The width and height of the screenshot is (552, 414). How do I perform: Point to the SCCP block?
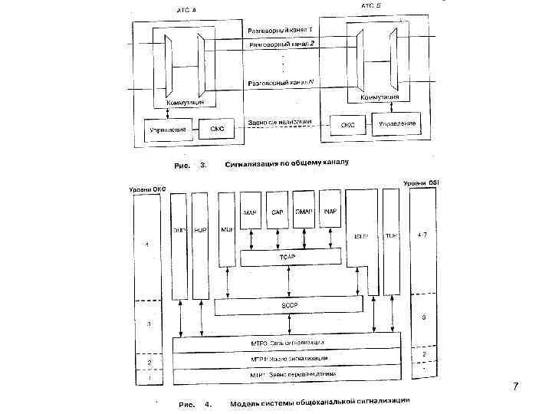click(287, 306)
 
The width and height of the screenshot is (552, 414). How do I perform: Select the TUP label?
click(390, 237)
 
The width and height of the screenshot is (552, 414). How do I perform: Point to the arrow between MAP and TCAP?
click(251, 239)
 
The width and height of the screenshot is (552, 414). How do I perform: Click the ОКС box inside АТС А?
click(217, 130)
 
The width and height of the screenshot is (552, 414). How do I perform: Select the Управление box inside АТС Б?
click(398, 123)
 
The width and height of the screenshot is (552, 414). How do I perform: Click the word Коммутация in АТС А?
click(186, 102)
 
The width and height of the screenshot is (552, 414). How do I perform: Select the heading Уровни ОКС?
click(146, 189)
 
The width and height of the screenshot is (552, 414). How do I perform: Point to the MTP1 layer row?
click(287, 375)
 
